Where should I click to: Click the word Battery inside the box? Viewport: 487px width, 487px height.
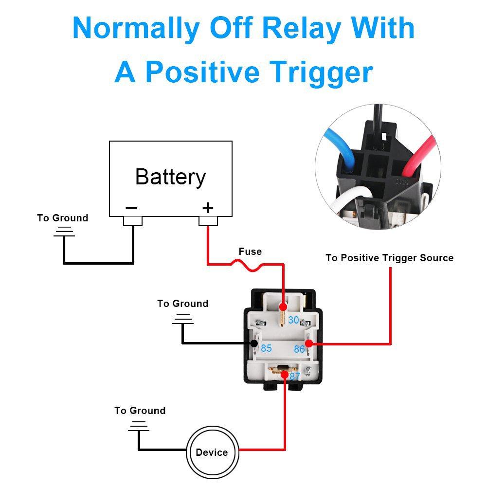(170, 177)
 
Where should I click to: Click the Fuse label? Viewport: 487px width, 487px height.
(250, 252)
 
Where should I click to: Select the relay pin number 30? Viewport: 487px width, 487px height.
(293, 320)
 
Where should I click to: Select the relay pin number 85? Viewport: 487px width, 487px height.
(266, 348)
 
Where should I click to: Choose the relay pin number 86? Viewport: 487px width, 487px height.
(299, 349)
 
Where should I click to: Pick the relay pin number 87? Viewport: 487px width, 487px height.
(295, 376)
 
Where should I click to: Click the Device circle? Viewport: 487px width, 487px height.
(212, 452)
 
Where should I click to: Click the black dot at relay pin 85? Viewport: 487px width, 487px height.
(254, 344)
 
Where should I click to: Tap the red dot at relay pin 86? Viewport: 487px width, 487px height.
(308, 344)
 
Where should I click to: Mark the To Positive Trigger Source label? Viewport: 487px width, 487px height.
(389, 258)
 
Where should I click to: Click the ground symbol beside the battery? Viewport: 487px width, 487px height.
(63, 232)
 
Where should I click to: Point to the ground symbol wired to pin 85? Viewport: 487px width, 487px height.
(182, 319)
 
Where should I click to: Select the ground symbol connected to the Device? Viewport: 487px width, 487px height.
(139, 427)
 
